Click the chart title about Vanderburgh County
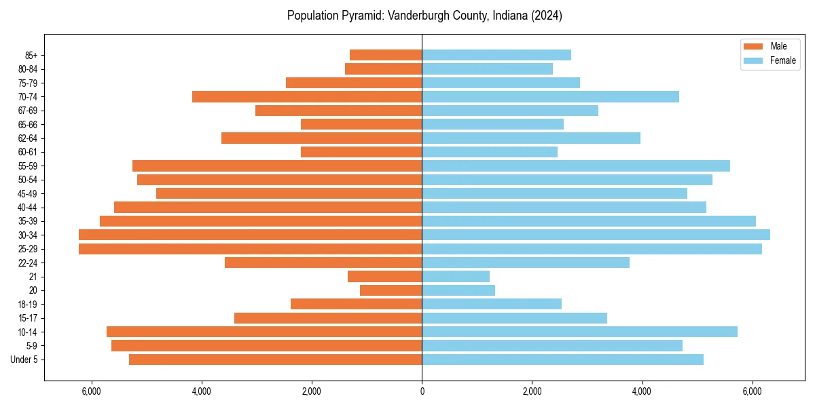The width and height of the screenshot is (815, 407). coord(424,16)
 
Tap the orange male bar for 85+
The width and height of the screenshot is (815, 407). coord(386,55)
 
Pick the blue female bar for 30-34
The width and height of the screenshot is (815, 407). coord(596,235)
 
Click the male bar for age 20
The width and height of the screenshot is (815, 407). coord(391,290)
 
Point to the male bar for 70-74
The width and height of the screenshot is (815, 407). coord(307,96)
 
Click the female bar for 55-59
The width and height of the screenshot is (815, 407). coord(576,166)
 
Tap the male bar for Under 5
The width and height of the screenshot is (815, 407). coord(275,360)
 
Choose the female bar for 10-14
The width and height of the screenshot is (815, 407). coord(579,332)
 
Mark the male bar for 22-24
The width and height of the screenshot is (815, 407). coord(323,263)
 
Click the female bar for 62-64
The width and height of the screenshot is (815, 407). coord(531,138)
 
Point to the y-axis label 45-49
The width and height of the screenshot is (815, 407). coord(28,193)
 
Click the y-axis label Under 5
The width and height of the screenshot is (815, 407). coord(24,360)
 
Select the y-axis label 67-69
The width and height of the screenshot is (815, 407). coord(28,111)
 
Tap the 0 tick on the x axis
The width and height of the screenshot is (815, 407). coord(422,391)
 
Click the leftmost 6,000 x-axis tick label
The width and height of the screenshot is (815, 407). coord(91,391)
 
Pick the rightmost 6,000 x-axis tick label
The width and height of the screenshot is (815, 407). coord(752,391)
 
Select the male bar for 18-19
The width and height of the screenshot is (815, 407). coord(356,304)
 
